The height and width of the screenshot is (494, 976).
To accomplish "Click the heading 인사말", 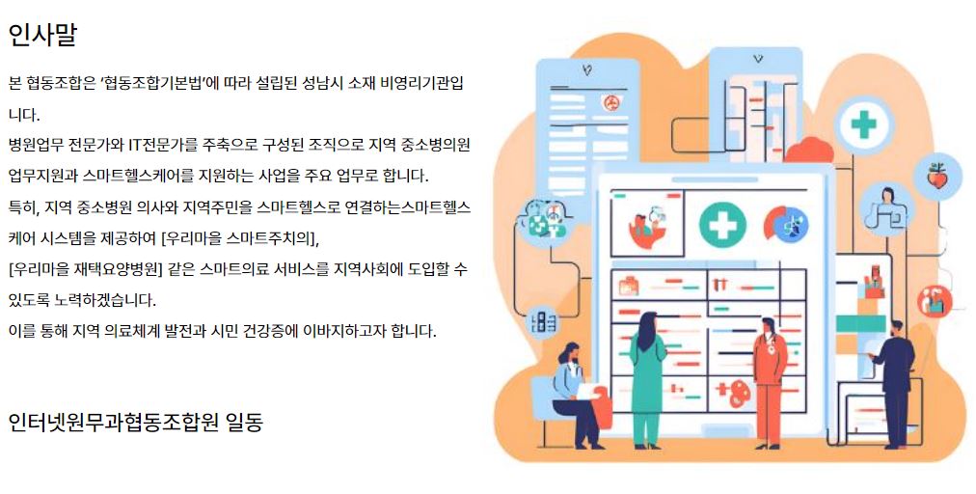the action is click(x=42, y=35).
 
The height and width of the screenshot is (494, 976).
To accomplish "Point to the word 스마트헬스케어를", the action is click(x=138, y=176).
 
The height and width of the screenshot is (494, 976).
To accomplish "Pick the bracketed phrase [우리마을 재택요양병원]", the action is click(x=85, y=269).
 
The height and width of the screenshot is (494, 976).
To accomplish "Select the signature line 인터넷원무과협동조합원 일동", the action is click(x=136, y=422).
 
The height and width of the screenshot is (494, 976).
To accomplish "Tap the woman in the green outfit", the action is click(x=647, y=380).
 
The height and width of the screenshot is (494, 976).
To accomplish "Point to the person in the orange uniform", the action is click(x=770, y=382).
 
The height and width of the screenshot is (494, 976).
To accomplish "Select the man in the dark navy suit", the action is click(x=894, y=384).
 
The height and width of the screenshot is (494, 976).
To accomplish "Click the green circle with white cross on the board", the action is click(x=722, y=224).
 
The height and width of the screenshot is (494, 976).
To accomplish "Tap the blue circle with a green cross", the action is click(x=863, y=124).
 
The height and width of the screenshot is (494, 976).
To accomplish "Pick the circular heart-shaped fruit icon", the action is click(x=937, y=177).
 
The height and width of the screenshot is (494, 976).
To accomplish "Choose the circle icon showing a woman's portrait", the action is click(x=887, y=206).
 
